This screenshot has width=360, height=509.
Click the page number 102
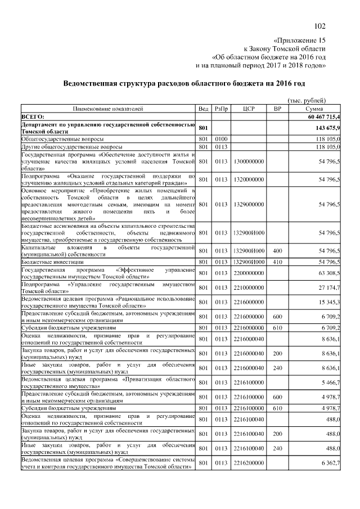pyautogui.click(x=320, y=25)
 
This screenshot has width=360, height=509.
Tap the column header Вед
pyautogui.click(x=203, y=108)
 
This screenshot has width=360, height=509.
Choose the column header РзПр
pyautogui.click(x=220, y=108)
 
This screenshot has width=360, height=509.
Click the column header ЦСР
pyautogui.click(x=248, y=108)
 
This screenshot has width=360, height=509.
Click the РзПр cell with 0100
pyautogui.click(x=220, y=138)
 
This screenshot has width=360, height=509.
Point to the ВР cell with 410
pyautogui.click(x=277, y=263)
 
